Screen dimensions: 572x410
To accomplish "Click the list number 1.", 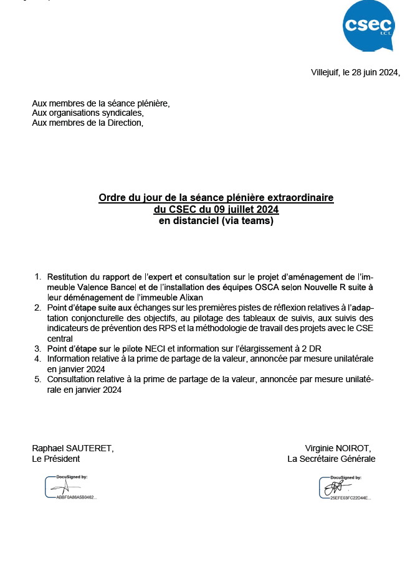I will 37,276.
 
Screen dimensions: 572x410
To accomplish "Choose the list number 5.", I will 37,379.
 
